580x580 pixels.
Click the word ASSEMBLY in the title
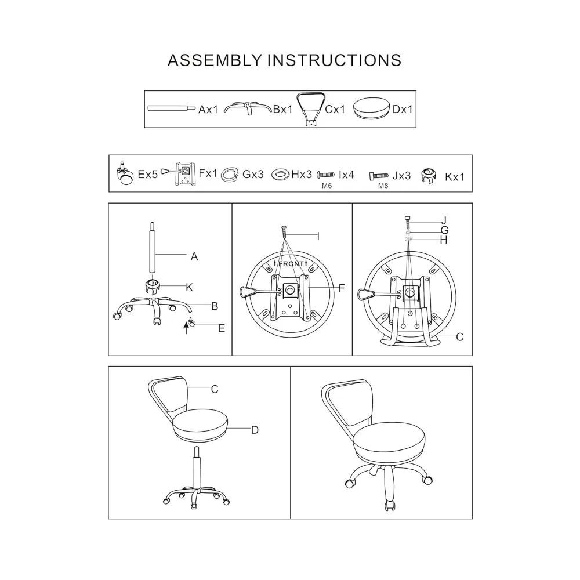point(214,60)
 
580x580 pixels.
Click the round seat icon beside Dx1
point(371,108)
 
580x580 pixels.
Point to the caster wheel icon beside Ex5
point(125,175)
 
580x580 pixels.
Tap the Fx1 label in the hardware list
point(208,173)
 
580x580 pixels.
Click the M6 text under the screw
point(327,186)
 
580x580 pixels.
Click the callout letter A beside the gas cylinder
point(194,256)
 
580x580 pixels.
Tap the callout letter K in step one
point(189,287)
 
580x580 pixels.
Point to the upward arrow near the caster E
point(186,329)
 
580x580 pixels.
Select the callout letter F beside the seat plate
point(342,287)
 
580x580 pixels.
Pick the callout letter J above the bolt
point(444,220)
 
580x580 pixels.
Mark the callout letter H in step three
point(444,240)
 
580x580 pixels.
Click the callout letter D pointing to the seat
point(254,430)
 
